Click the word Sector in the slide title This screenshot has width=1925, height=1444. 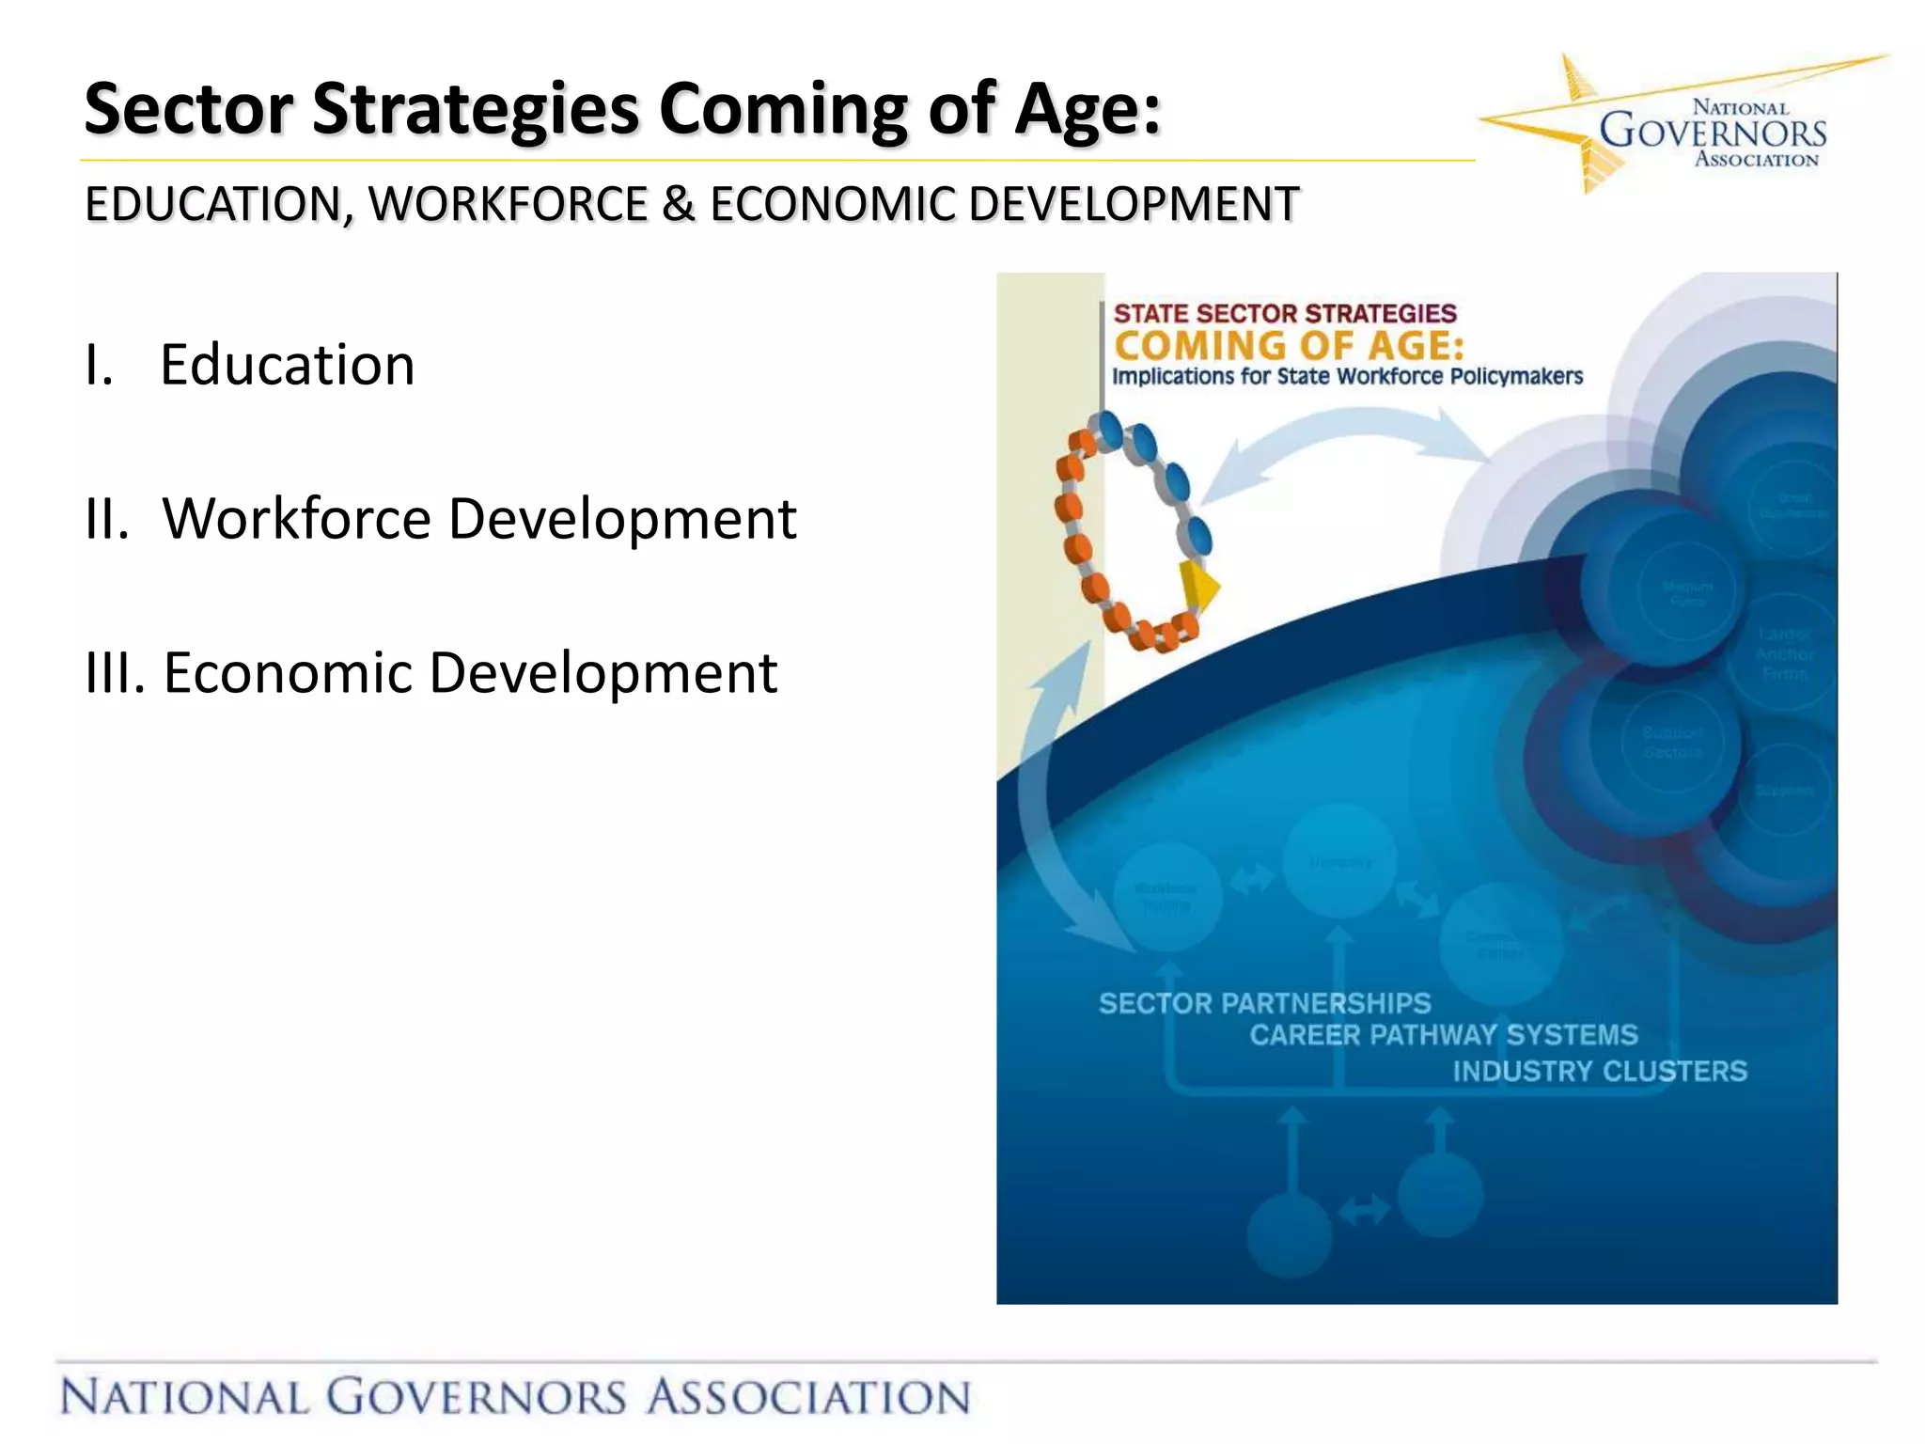click(188, 109)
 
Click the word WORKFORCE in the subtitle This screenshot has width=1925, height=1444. click(508, 204)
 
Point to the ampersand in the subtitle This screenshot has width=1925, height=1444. click(678, 204)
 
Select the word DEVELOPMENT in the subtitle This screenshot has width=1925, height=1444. click(1134, 204)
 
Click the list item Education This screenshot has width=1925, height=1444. click(287, 365)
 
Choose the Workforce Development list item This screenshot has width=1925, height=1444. click(478, 518)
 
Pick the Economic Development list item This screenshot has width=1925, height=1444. click(470, 673)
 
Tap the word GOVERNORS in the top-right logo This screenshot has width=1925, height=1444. click(1713, 133)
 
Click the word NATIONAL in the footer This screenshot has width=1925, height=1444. click(184, 1396)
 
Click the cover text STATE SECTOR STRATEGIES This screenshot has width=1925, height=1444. click(1284, 314)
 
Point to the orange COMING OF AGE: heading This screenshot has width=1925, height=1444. click(1289, 346)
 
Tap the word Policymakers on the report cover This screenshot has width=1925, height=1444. click(1516, 377)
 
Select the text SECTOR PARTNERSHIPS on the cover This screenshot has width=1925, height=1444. click(1264, 1003)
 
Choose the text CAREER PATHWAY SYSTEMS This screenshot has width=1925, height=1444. click(1444, 1035)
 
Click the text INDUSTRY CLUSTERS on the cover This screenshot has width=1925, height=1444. click(1600, 1071)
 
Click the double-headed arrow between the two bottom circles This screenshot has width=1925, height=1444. click(1364, 1210)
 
